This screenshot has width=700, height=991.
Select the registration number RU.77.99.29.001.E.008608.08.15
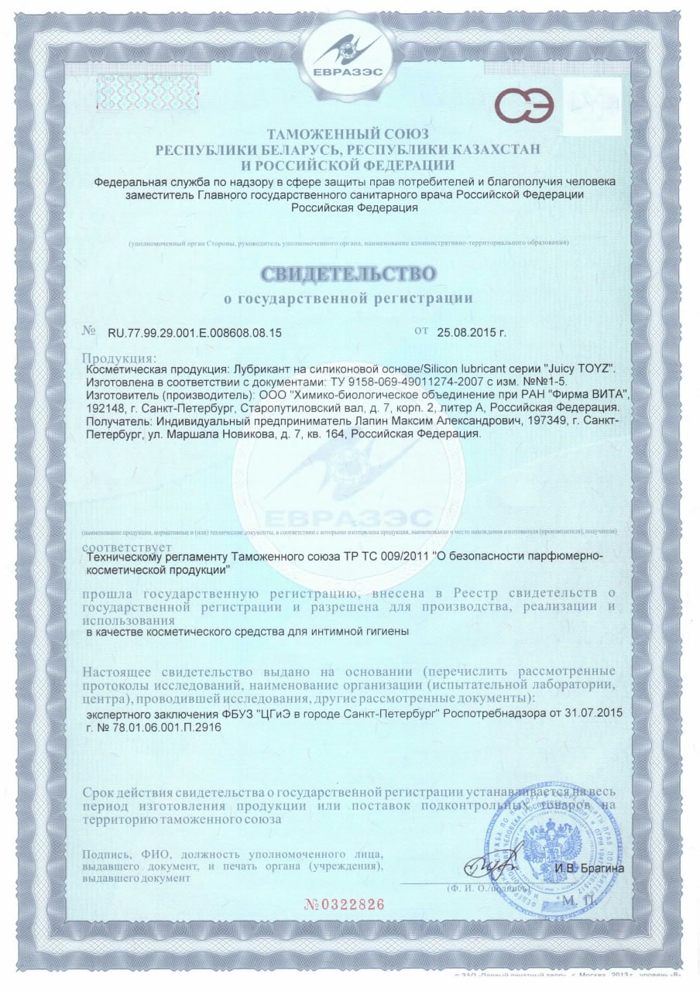(194, 333)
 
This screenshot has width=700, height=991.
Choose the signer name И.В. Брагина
(588, 868)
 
